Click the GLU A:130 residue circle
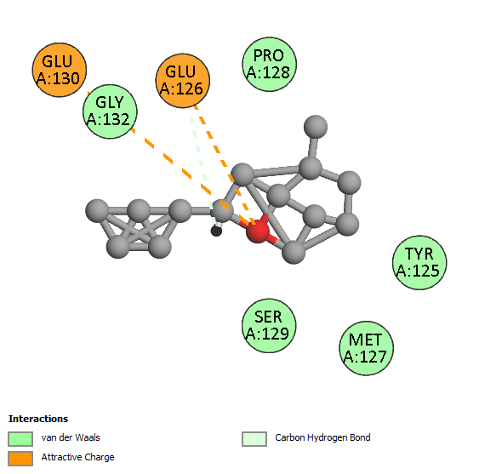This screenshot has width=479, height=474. [60, 70]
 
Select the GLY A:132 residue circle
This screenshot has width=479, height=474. [110, 111]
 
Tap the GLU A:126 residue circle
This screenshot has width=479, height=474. [183, 81]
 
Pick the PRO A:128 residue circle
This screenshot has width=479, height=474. [269, 64]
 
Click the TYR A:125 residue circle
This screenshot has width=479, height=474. [419, 262]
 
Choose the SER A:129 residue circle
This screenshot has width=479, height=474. [269, 325]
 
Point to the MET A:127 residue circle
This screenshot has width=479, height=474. [367, 348]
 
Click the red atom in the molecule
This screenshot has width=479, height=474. [258, 231]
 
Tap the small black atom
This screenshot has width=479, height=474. [216, 231]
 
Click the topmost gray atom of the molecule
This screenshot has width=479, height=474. [316, 127]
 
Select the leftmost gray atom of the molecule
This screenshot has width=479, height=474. [97, 210]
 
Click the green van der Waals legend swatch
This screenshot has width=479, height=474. [20, 439]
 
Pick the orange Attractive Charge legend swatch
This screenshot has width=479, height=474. [20, 459]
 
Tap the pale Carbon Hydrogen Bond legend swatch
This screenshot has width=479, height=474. [254, 439]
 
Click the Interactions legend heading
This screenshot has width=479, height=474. [38, 419]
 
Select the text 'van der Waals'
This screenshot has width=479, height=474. [71, 437]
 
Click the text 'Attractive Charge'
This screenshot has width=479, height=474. [78, 457]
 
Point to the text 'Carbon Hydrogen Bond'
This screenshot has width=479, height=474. [322, 437]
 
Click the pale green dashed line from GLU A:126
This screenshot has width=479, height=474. [202, 165]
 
